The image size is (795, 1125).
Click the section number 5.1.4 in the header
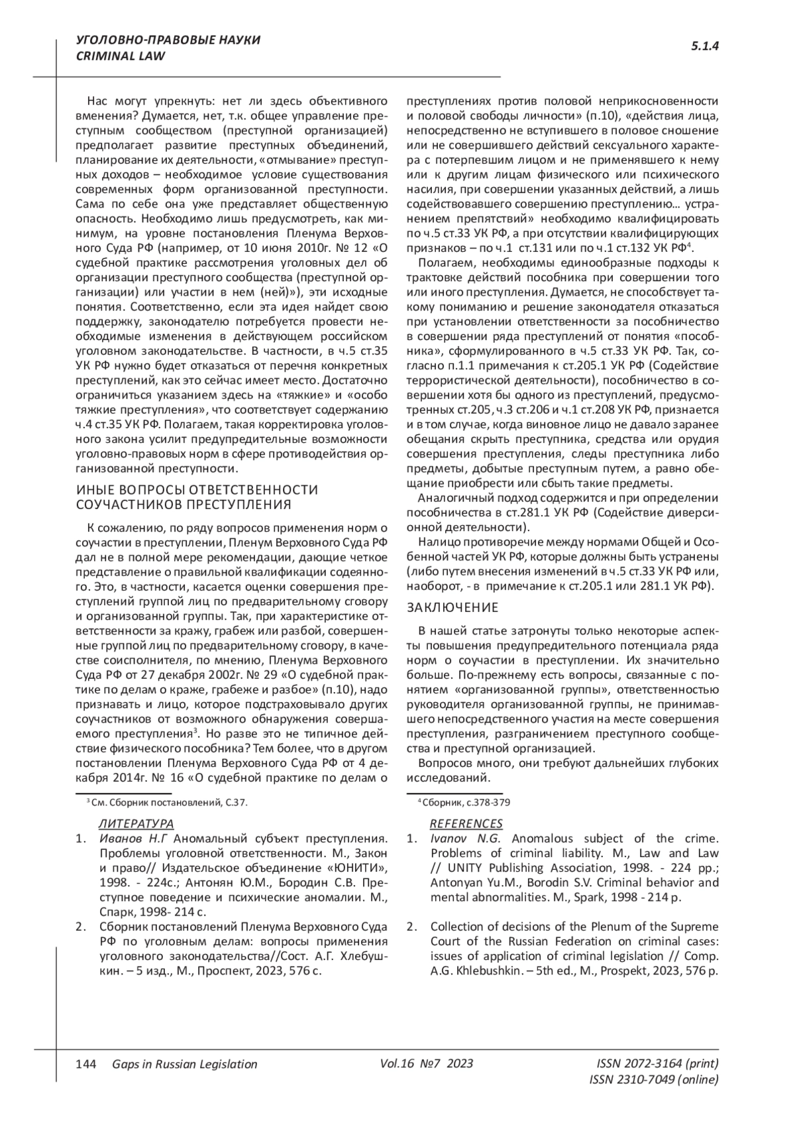coord(705,46)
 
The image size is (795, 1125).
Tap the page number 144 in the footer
coord(87,1064)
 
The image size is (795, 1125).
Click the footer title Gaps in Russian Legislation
coord(185,1064)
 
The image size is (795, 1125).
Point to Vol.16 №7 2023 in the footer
coord(427,1063)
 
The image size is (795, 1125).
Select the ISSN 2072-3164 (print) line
coord(657,1063)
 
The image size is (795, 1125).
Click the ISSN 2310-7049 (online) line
coord(653,1079)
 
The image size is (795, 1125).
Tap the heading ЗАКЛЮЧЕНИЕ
coord(452,608)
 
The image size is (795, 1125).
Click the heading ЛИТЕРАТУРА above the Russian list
coord(136,823)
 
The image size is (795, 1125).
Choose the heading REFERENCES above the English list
coord(466,823)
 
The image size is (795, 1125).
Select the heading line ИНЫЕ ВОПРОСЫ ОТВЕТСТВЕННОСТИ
coord(197,490)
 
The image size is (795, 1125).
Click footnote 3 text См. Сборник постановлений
coord(168,802)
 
